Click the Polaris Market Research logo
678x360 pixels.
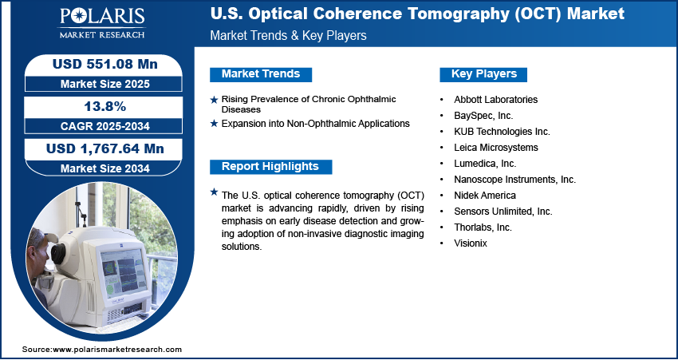(x=102, y=23)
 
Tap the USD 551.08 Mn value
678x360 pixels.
(x=105, y=64)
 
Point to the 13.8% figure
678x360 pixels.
(x=104, y=106)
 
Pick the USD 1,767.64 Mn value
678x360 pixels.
(x=105, y=148)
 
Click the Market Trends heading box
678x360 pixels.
(x=261, y=74)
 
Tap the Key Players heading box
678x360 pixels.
(x=483, y=74)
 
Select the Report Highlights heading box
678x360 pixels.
(x=270, y=167)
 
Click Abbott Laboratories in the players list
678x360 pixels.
(x=495, y=100)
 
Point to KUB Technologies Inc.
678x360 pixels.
(x=502, y=132)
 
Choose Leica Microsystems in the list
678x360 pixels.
(x=496, y=148)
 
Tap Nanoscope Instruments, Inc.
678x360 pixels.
(x=515, y=180)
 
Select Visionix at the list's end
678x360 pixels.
(x=471, y=243)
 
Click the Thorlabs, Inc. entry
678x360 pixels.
(x=483, y=227)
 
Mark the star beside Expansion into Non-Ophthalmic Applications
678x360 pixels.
(x=214, y=124)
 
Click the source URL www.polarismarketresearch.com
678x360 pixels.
(x=116, y=350)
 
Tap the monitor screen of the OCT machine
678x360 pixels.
(x=124, y=271)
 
